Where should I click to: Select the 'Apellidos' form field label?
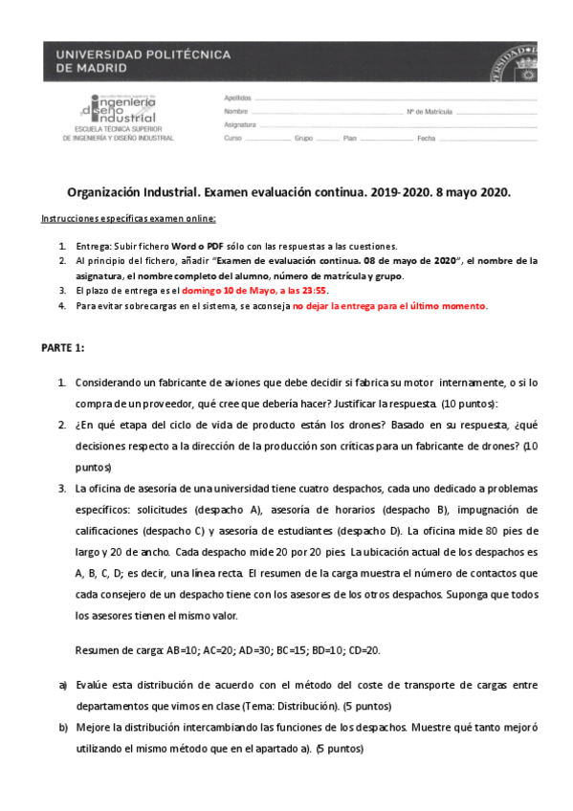pos(237,99)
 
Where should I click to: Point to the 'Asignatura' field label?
pos(240,125)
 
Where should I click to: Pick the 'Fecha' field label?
pos(426,139)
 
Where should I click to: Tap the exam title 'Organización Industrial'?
pos(133,191)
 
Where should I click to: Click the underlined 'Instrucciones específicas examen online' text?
pos(128,219)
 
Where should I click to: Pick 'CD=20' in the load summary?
pos(364,650)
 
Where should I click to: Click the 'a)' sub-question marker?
pos(62,686)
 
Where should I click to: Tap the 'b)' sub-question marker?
pos(62,728)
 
